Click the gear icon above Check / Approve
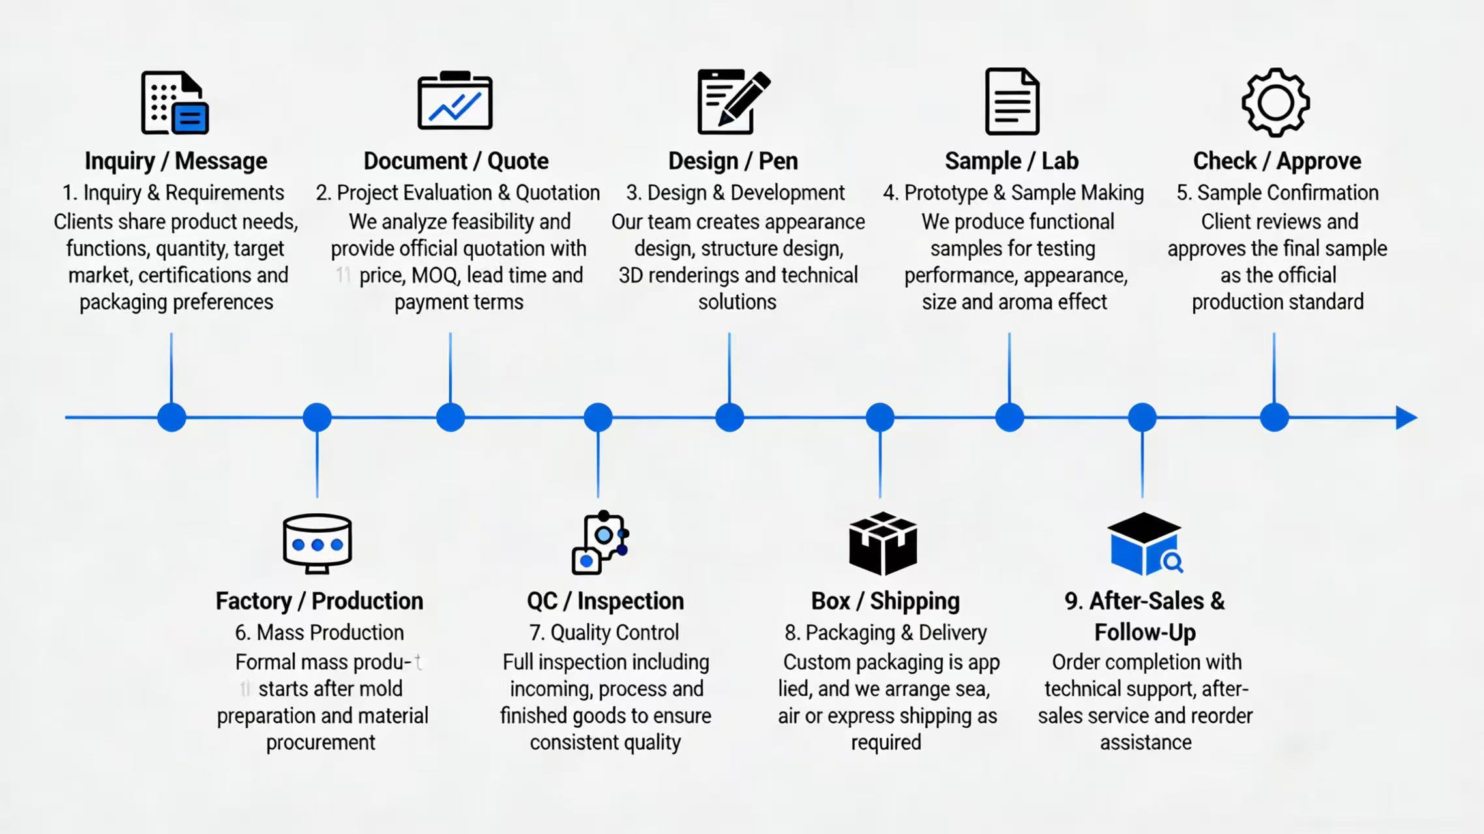(1275, 102)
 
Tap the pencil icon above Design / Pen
(734, 102)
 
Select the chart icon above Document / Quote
(455, 102)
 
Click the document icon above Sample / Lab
(1012, 102)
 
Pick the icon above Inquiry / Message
(175, 102)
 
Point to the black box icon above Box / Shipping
(883, 543)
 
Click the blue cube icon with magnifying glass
(1145, 544)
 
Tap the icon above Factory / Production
(318, 543)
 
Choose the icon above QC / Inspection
(601, 543)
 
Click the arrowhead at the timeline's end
(1406, 417)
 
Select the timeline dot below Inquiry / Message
(171, 417)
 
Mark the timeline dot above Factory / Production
(318, 417)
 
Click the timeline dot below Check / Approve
(1274, 417)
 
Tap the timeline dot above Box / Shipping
(880, 417)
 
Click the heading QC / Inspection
(605, 601)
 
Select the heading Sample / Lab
(1011, 161)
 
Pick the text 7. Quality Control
(604, 633)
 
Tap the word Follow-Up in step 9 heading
(1145, 633)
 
